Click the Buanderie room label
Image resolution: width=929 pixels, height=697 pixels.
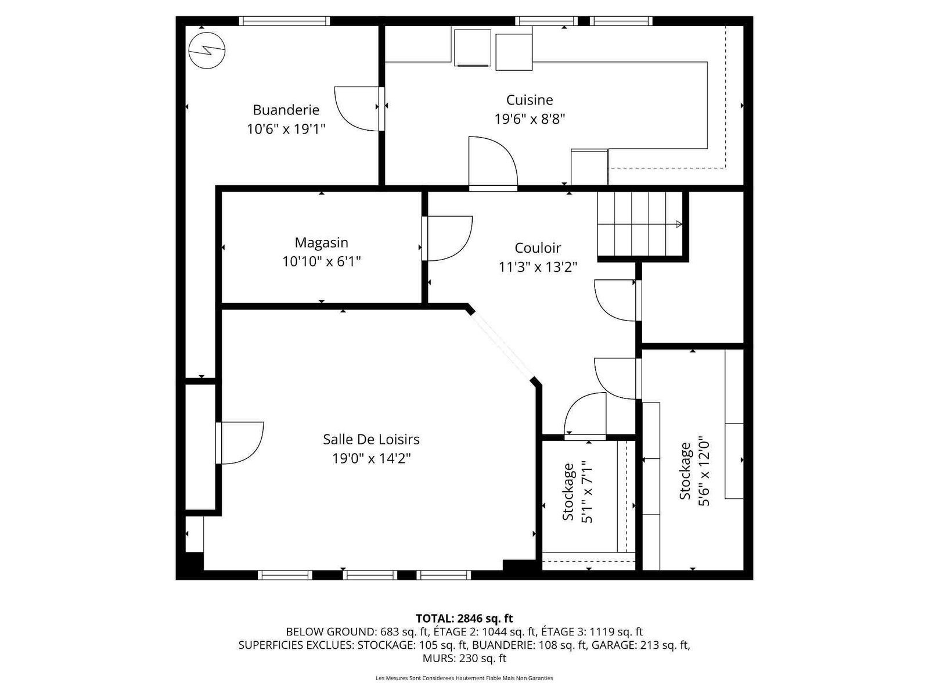[x=286, y=110]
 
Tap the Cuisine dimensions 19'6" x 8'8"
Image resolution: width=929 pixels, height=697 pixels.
[x=530, y=119]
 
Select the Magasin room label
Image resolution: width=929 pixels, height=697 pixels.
[x=321, y=243]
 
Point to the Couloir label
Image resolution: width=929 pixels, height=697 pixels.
[x=538, y=247]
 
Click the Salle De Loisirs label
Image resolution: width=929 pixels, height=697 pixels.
[x=371, y=439]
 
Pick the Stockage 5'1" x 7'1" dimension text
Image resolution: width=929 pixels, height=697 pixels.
[x=587, y=492]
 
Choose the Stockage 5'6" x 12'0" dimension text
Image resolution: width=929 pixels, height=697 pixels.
[x=704, y=472]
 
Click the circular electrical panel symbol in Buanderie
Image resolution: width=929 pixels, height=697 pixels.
[x=207, y=51]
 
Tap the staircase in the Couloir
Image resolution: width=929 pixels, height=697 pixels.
[x=640, y=224]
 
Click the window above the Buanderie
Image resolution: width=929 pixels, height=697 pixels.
[x=284, y=21]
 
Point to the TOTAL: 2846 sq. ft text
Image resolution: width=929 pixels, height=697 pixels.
[x=464, y=618]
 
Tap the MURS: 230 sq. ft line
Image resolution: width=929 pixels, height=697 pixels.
[x=464, y=658]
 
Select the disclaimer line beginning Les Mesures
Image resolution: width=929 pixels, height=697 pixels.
[x=464, y=678]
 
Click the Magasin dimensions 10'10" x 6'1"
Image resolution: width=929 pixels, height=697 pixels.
[x=321, y=261]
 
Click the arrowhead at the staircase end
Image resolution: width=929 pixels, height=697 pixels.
[x=679, y=224]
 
